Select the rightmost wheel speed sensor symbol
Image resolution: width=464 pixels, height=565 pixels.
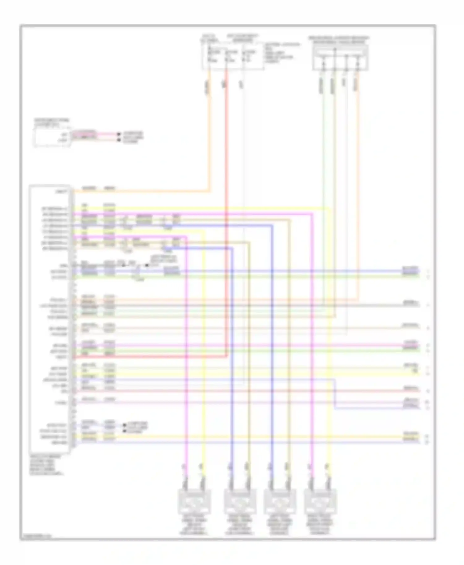tap(320, 501)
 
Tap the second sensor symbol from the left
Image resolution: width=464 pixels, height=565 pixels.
tap(239, 501)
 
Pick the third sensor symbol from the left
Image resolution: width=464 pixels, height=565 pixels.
tap(279, 501)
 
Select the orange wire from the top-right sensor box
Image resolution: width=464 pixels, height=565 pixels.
tap(358, 185)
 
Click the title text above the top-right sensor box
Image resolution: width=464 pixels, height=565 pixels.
tap(339, 39)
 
